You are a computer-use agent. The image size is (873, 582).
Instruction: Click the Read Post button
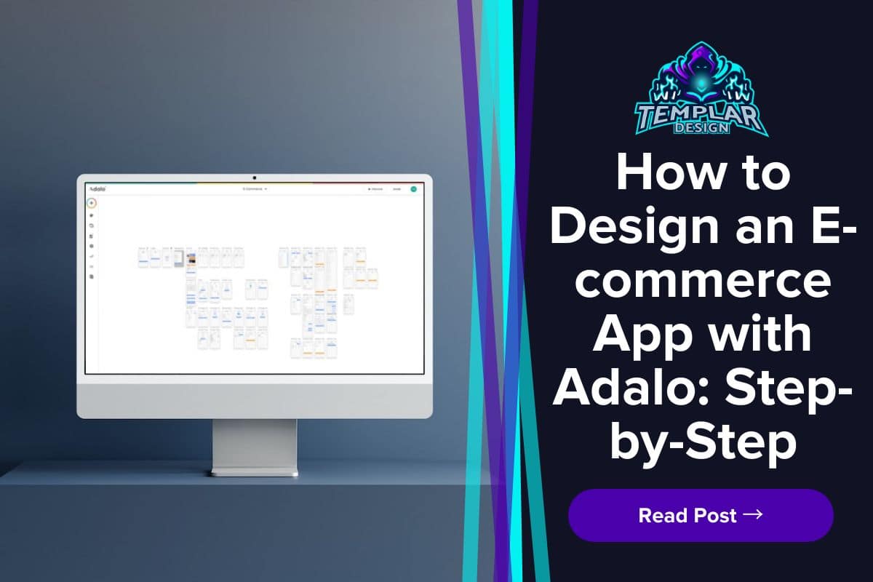(x=700, y=515)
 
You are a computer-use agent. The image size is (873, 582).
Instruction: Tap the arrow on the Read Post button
(x=753, y=514)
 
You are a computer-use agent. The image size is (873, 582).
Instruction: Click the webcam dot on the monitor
(x=255, y=178)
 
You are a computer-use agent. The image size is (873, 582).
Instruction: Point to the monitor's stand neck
(x=254, y=445)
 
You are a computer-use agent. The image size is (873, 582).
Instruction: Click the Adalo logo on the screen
(x=97, y=188)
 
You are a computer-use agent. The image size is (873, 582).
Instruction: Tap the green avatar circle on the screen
(x=413, y=188)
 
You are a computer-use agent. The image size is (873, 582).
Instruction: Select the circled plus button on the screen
(x=92, y=203)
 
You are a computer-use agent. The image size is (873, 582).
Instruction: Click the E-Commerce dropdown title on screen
(x=255, y=188)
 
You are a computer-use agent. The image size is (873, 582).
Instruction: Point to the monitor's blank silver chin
(x=255, y=396)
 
